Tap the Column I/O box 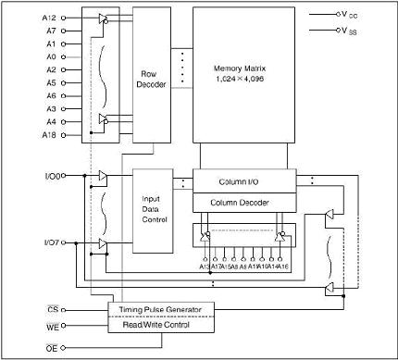[244, 181]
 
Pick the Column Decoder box [244, 201]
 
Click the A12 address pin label [49, 19]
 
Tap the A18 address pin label [49, 135]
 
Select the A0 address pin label [51, 57]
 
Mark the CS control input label [52, 310]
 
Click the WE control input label [52, 326]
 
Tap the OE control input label [52, 347]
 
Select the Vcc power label [353, 15]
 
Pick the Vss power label [353, 31]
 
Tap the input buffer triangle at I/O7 [103, 243]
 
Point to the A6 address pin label [51, 96]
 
